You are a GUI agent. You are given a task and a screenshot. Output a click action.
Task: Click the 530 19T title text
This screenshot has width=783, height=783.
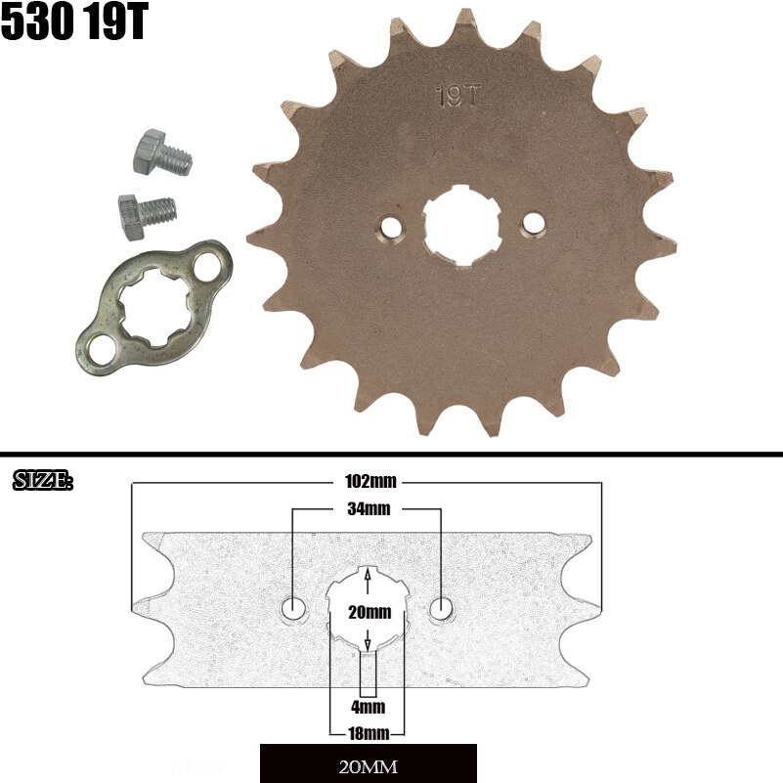[73, 23]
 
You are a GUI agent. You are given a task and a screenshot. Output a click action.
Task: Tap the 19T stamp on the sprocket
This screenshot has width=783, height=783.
[458, 96]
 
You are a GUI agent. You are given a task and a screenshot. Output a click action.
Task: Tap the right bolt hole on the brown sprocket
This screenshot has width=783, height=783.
[533, 224]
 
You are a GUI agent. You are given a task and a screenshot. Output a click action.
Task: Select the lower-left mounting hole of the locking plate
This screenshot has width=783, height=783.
[98, 344]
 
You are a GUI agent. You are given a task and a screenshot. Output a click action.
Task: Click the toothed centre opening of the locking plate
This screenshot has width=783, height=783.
[154, 308]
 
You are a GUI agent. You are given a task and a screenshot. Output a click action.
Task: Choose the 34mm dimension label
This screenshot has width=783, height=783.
[368, 509]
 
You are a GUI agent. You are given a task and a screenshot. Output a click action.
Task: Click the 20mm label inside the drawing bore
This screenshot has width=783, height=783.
[368, 613]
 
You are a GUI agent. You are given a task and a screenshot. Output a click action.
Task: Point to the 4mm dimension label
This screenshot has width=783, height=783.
[368, 706]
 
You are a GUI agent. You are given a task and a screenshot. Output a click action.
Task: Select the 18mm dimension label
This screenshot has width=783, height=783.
[368, 732]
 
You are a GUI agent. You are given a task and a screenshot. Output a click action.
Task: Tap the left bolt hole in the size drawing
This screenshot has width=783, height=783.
[293, 609]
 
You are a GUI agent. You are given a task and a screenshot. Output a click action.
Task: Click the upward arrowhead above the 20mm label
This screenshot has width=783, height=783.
[368, 576]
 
